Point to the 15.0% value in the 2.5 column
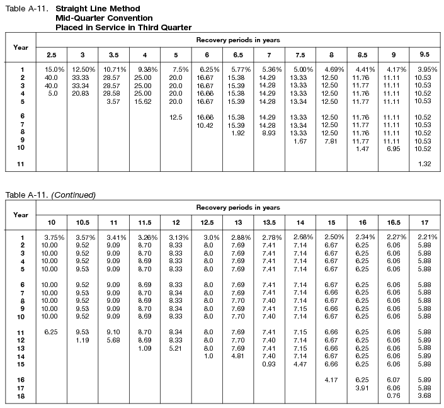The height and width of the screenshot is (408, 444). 54,69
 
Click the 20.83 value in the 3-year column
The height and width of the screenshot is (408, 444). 83,93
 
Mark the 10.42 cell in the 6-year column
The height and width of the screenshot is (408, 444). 207,125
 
